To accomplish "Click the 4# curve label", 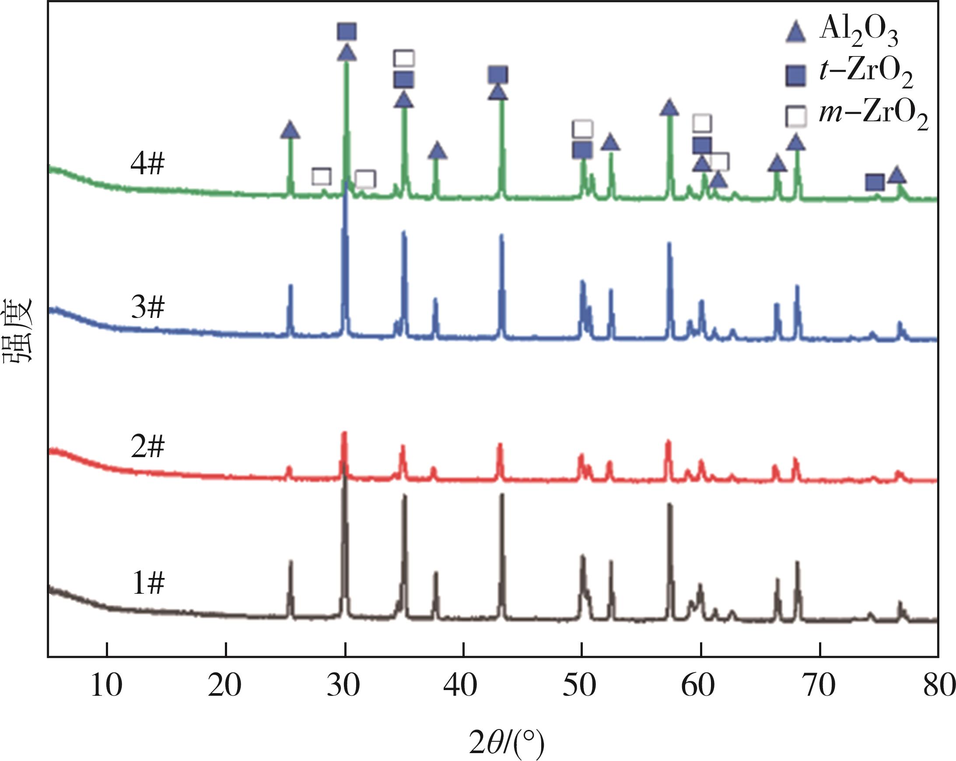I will [x=147, y=165].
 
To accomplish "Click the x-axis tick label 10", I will [x=106, y=686].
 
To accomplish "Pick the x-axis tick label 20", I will [x=225, y=686].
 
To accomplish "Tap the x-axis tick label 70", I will [x=819, y=686].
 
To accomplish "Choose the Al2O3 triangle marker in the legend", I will [x=795, y=33].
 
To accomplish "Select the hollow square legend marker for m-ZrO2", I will [x=795, y=116].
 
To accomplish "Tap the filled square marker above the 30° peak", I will [x=347, y=32].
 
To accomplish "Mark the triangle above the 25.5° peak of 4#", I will [x=290, y=130].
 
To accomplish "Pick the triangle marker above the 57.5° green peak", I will [x=669, y=107].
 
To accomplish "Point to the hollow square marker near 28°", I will [x=322, y=176].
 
